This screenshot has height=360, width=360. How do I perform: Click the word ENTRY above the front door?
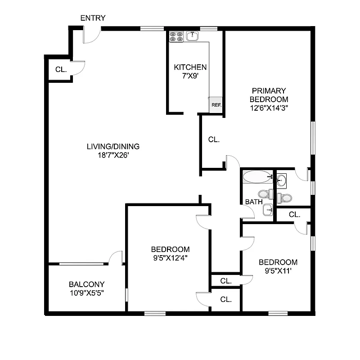[93, 18]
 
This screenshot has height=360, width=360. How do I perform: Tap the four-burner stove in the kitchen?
[176, 36]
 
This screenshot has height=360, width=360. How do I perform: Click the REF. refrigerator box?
[216, 104]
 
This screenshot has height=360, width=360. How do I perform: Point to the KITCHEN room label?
[190, 67]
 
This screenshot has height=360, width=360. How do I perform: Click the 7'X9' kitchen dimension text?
[190, 76]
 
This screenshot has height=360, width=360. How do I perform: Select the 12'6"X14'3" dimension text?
[269, 108]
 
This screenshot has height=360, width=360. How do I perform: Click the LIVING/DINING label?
[113, 146]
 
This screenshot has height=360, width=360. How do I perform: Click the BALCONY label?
[87, 284]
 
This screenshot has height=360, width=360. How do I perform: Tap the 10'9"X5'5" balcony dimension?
[87, 293]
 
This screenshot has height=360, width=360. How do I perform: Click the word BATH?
[254, 202]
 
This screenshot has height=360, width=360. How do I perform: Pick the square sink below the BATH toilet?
[268, 209]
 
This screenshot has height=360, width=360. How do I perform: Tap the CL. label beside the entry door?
[61, 70]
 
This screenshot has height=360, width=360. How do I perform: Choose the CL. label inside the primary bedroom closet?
[214, 140]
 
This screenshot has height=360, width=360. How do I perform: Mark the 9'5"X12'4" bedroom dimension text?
[170, 258]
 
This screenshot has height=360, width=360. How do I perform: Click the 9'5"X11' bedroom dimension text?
[278, 271]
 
